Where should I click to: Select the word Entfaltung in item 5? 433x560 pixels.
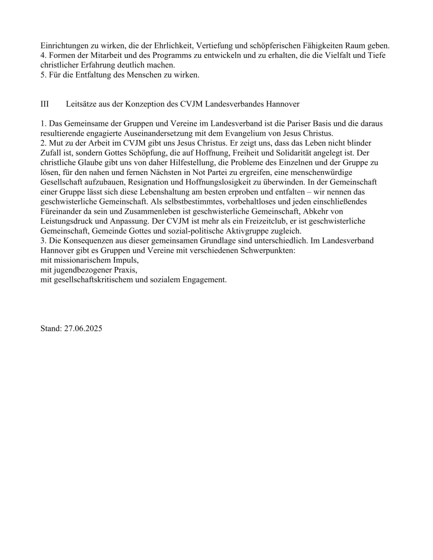(x=83, y=75)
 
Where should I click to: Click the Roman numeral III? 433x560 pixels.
(x=45, y=104)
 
